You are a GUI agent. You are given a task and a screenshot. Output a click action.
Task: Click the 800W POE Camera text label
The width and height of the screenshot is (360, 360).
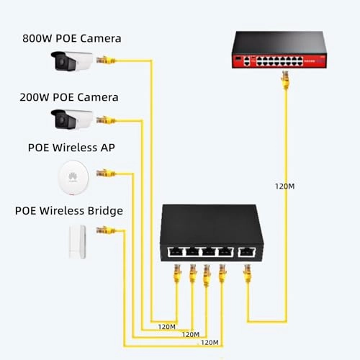click(x=71, y=37)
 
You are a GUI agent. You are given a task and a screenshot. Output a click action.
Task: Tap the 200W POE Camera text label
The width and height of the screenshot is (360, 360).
click(x=71, y=96)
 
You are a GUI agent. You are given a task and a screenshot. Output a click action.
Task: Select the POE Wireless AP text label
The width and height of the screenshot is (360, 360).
click(x=71, y=148)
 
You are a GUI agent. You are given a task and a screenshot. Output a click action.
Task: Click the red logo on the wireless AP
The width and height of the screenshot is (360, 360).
click(x=72, y=175)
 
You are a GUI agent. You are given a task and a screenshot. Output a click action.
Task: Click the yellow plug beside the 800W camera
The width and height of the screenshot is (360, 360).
click(x=107, y=60)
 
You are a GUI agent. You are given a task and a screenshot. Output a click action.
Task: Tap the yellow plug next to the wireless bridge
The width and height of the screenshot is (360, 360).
click(x=104, y=230)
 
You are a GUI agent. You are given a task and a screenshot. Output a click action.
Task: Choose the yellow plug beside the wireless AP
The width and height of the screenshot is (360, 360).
click(x=104, y=174)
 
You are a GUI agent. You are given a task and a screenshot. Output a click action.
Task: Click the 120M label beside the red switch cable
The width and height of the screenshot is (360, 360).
click(x=286, y=185)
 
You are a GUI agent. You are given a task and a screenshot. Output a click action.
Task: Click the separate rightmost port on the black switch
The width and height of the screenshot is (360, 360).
click(x=247, y=252)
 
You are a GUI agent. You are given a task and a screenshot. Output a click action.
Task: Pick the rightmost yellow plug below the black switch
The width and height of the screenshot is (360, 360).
click(x=247, y=274)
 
